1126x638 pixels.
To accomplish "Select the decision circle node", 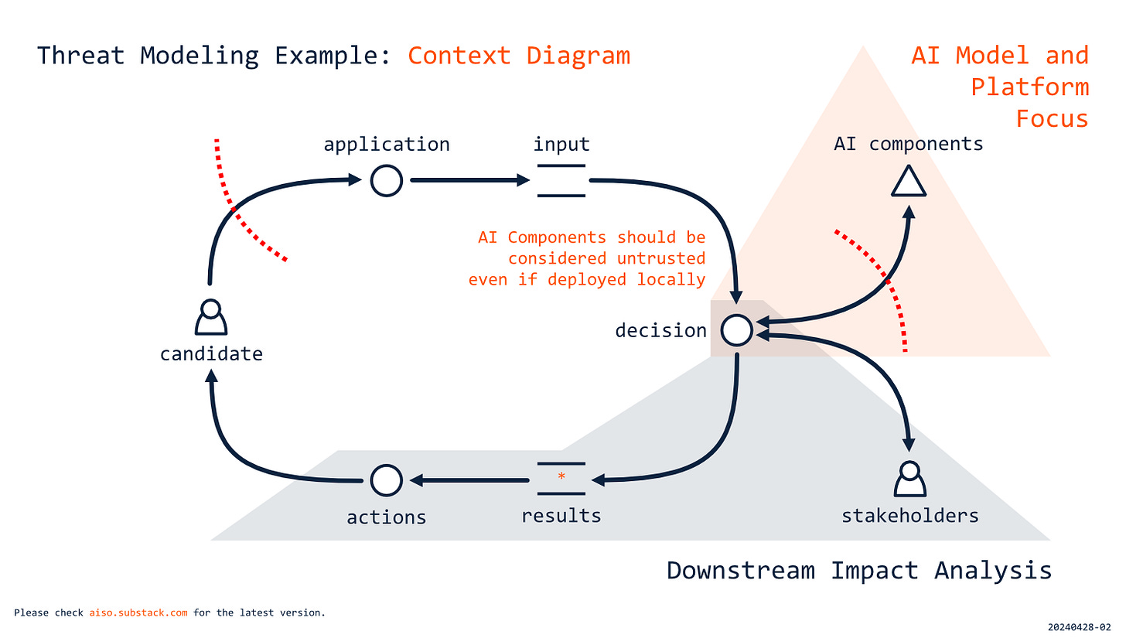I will coord(736,330).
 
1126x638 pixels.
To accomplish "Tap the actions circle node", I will coord(386,480).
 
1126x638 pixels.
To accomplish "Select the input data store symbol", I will coord(561,181).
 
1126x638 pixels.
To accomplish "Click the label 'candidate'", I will coord(211,354).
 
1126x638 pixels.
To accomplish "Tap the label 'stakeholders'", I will coord(909,515).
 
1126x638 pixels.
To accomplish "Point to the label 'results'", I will coord(561,515).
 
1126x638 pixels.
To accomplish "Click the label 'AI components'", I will coord(909,143).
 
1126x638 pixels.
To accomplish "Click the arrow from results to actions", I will coord(469,481).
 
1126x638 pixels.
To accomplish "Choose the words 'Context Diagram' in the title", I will coord(519,56).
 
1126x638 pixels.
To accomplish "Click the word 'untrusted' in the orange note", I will coord(661,258).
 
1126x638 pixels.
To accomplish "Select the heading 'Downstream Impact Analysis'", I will coord(858,571).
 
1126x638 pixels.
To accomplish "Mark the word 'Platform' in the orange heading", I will coord(1029,87).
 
